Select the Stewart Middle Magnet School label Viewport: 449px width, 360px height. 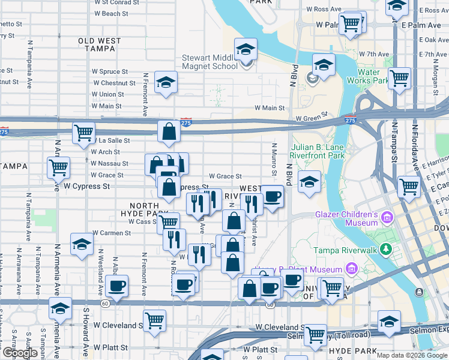click(210, 62)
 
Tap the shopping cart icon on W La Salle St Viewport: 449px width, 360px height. click(83, 133)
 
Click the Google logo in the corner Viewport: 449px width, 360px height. click(20, 353)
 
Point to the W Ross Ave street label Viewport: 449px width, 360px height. click(324, 9)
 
